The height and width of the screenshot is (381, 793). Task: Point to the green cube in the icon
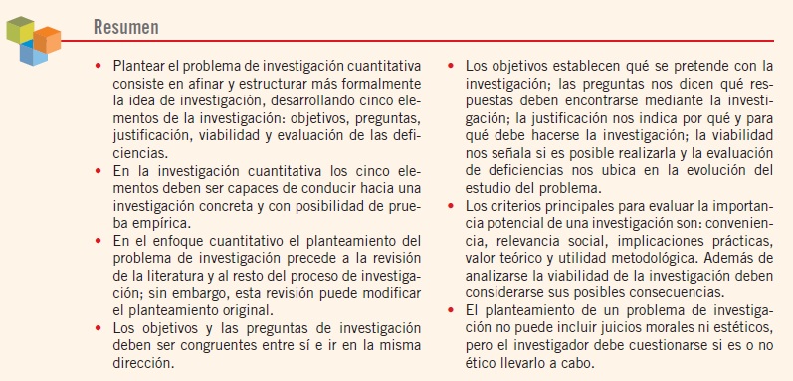(21, 31)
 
